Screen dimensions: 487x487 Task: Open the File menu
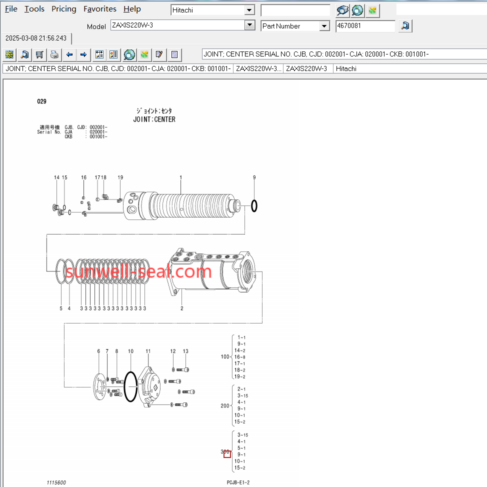pos(11,9)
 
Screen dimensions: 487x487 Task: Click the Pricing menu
pos(64,9)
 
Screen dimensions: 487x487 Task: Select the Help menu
pos(132,9)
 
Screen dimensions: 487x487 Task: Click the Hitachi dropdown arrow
pos(249,10)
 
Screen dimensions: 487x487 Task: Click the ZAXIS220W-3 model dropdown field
pos(177,25)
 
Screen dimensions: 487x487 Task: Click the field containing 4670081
pos(365,26)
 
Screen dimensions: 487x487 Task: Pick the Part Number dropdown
pos(295,26)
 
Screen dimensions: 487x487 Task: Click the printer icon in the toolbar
pos(54,54)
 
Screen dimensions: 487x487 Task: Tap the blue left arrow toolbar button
pos(69,54)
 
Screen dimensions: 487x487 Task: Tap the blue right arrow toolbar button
pos(83,54)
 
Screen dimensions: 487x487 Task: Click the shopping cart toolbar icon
pos(39,54)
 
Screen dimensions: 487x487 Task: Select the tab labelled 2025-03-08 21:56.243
pos(36,38)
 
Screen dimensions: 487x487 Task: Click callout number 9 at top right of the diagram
pos(254,177)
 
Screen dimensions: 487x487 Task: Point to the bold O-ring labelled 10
pos(130,386)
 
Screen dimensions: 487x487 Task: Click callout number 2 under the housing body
pos(181,308)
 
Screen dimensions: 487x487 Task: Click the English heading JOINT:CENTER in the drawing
pos(154,119)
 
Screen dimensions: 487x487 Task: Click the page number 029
pos(41,101)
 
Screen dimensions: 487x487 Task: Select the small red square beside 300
pos(227,454)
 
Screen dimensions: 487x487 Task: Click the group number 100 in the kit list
pos(225,356)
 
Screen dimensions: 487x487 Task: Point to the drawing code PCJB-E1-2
pos(238,482)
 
